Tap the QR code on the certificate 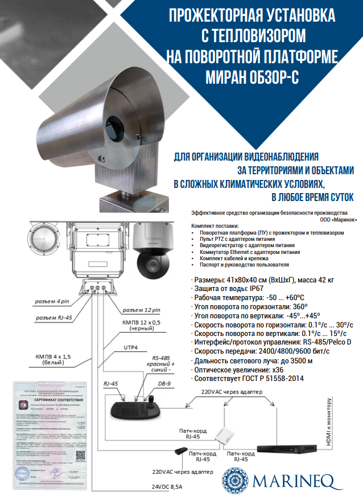(81, 456)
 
